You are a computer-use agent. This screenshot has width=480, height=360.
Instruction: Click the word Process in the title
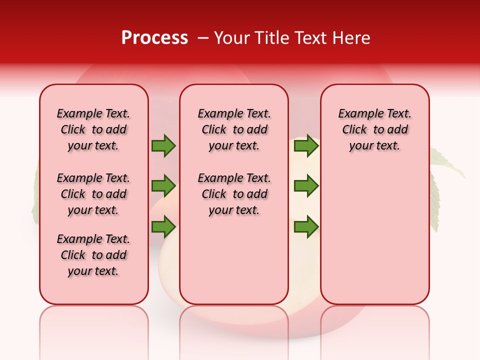[154, 38]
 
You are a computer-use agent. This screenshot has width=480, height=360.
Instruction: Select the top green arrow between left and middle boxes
[163, 146]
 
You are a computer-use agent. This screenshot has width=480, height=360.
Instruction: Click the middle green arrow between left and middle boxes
[163, 186]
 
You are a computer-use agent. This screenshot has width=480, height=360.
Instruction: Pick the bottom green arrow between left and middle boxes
[163, 227]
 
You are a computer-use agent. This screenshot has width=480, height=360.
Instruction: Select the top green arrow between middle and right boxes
[306, 146]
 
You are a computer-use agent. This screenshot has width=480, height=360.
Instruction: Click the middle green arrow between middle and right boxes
[306, 186]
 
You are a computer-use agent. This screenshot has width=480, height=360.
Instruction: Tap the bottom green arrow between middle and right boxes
[306, 227]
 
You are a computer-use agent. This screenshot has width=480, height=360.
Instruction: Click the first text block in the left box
[93, 129]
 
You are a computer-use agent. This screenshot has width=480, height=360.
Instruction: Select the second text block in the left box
[93, 194]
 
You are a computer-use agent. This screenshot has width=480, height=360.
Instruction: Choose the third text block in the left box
[93, 255]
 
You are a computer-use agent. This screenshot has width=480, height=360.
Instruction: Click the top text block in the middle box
[234, 129]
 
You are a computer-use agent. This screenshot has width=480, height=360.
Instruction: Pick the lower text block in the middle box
[234, 194]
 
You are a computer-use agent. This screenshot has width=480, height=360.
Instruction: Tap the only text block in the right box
[374, 129]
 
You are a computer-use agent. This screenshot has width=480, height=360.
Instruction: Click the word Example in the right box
[357, 114]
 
